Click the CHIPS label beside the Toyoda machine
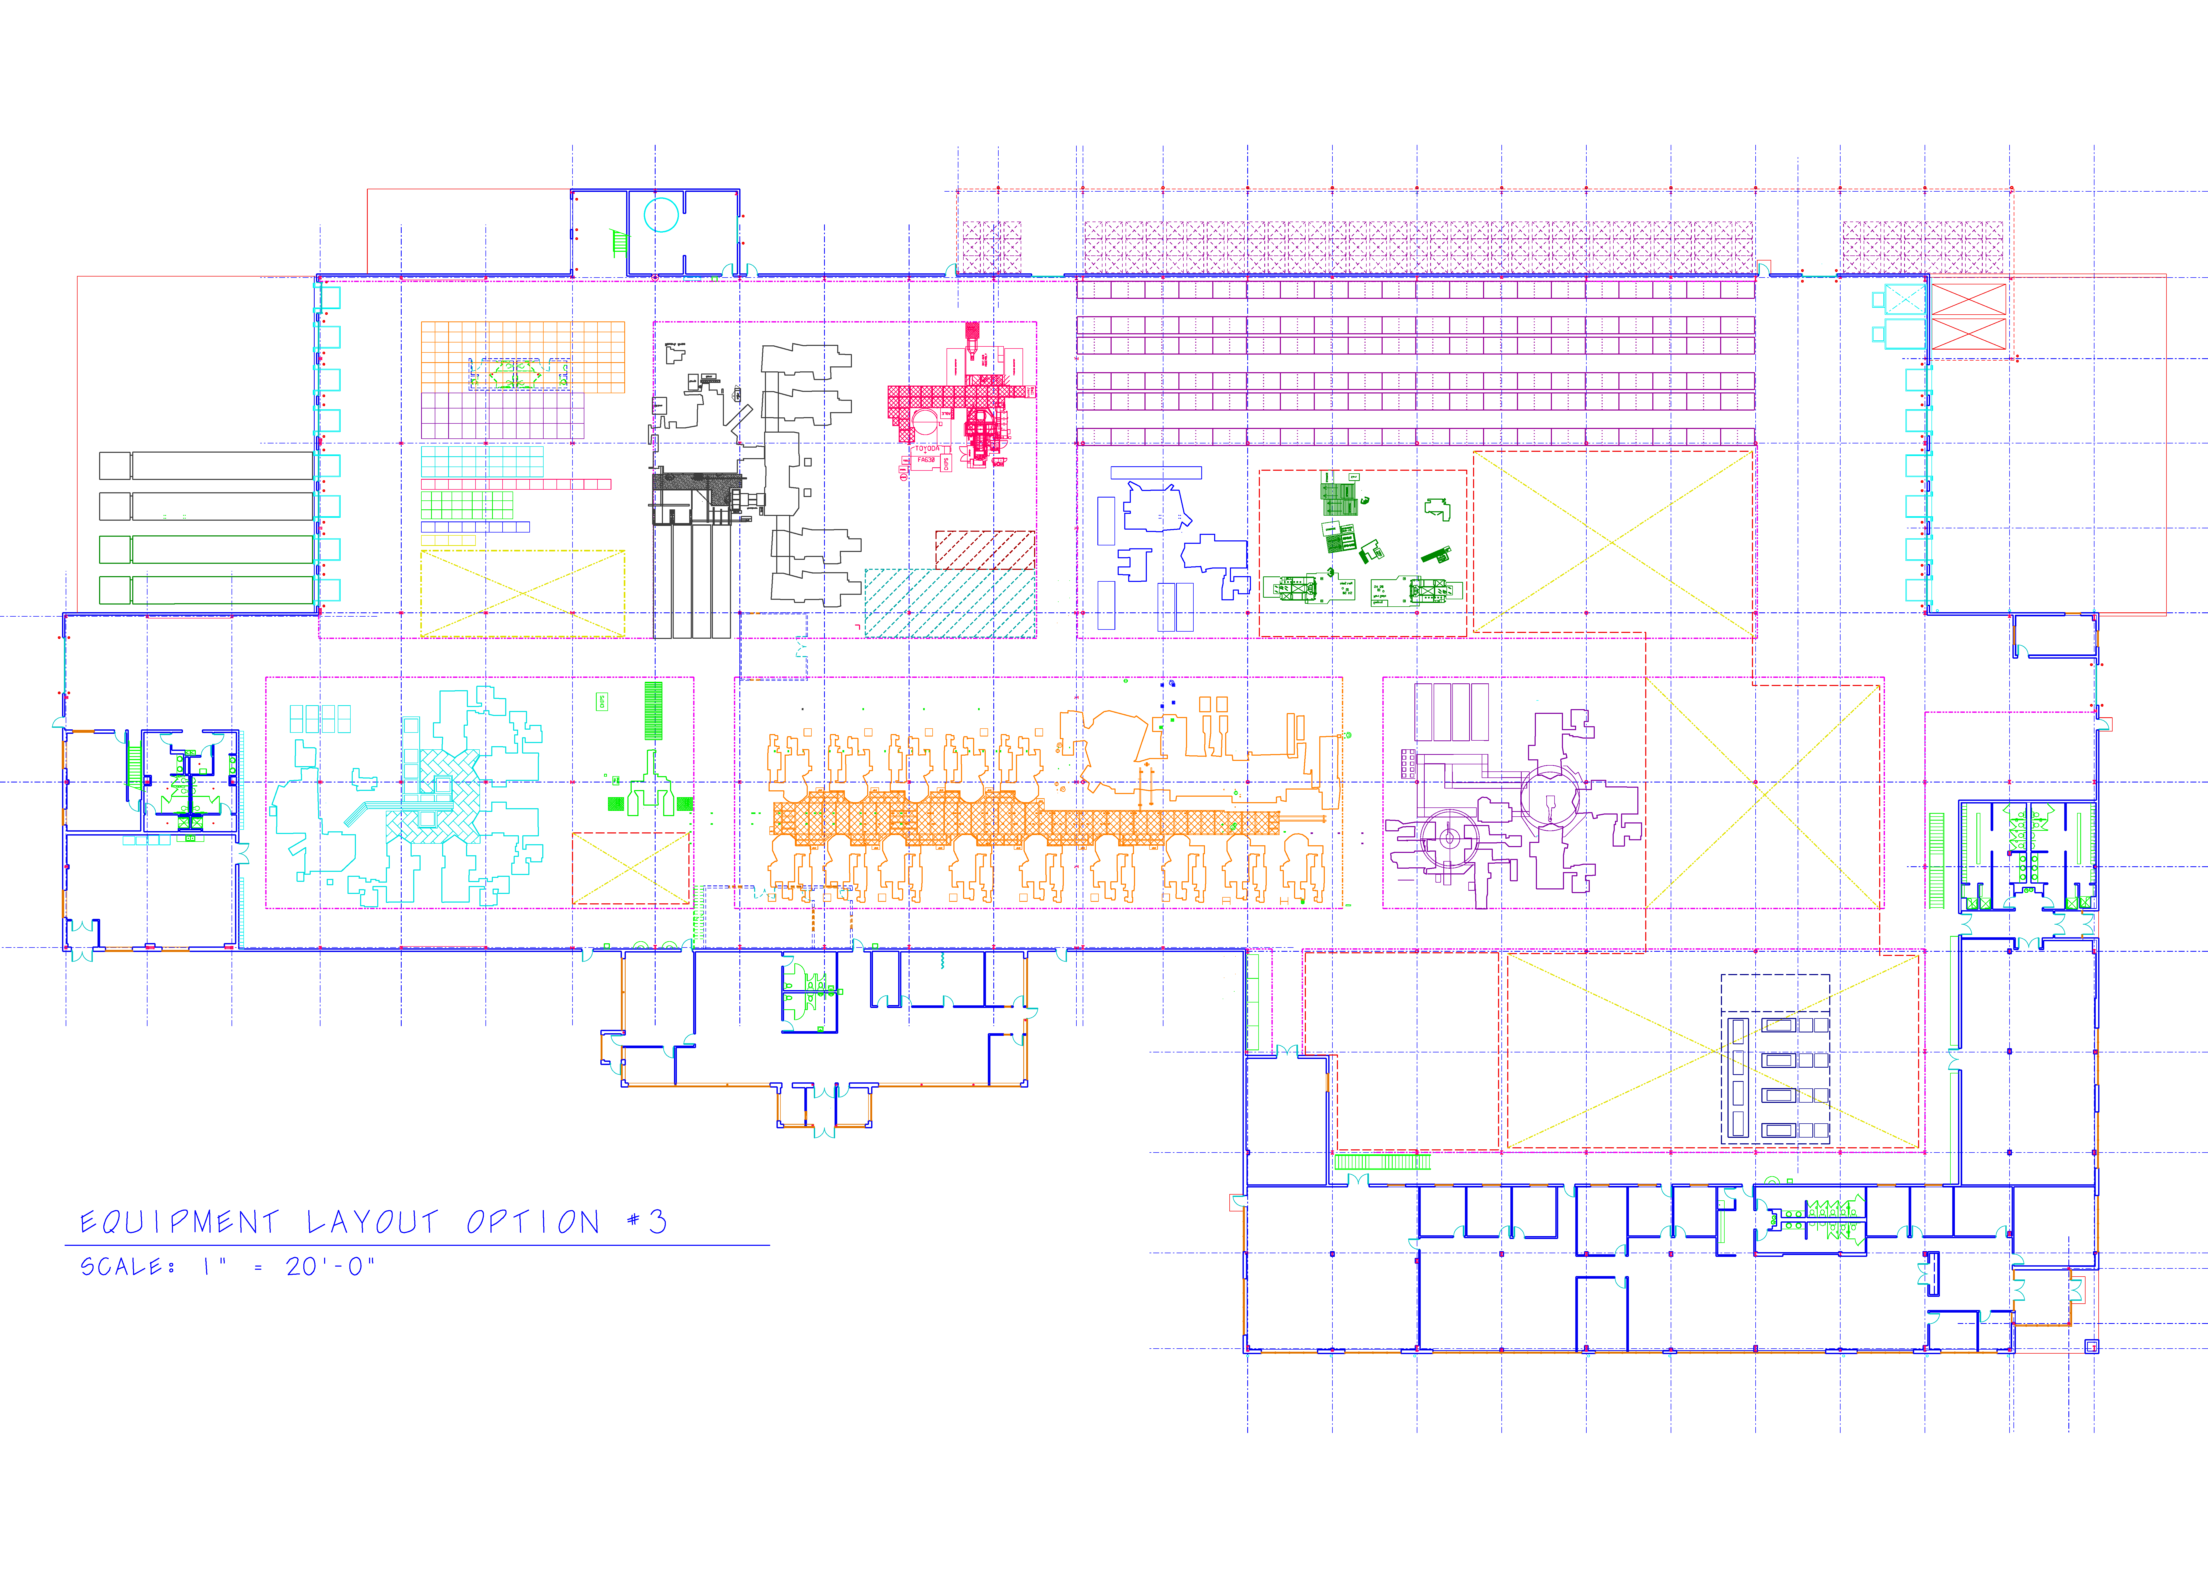click(946, 464)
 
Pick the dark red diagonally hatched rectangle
click(985, 550)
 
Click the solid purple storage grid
click(502, 416)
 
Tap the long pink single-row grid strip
click(515, 484)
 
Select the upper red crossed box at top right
click(1968, 299)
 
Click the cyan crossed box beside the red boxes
click(1904, 299)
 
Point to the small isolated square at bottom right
click(2092, 1346)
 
